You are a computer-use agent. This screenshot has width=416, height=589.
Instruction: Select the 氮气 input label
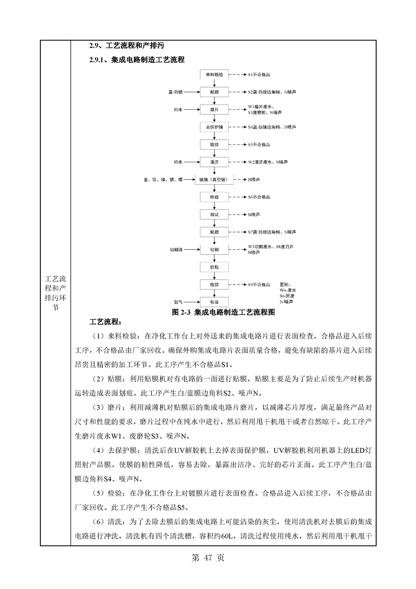178,302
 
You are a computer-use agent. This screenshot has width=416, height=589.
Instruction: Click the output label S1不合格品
263,75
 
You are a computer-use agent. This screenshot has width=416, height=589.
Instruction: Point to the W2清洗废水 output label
261,162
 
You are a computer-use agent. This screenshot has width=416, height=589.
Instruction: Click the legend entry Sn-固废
288,296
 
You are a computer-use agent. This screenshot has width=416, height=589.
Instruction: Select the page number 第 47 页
208,558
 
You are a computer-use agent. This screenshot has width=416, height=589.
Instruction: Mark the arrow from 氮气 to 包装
191,302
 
